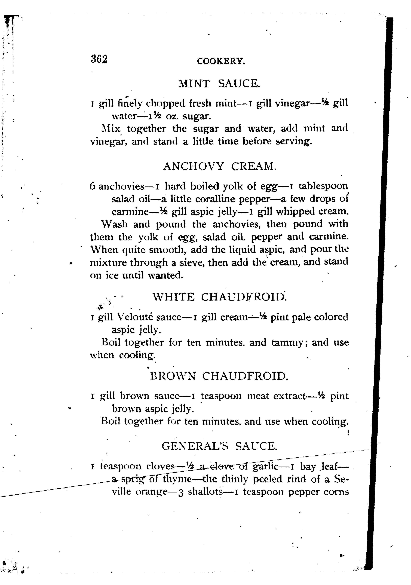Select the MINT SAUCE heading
point(219,84)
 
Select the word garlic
point(265,466)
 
